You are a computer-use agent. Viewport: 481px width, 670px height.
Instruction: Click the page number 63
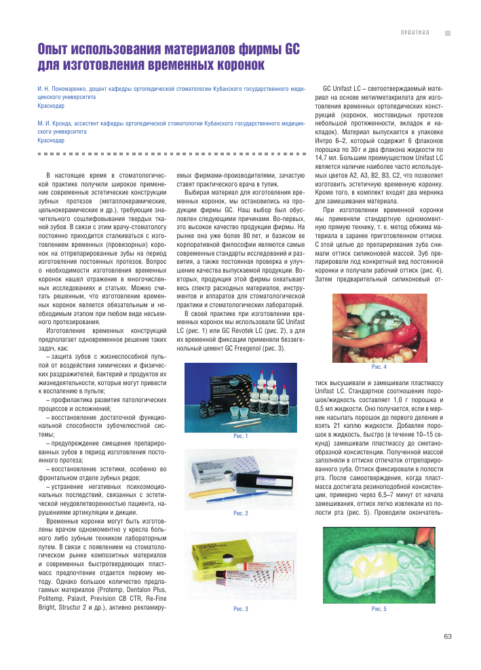(x=447, y=636)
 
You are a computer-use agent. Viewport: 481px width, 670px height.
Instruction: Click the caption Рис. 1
(x=241, y=436)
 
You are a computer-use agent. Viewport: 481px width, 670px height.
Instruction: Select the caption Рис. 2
(x=241, y=513)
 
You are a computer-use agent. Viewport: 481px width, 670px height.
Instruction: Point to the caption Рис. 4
(x=379, y=367)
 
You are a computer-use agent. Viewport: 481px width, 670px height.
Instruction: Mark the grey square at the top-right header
(x=447, y=33)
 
